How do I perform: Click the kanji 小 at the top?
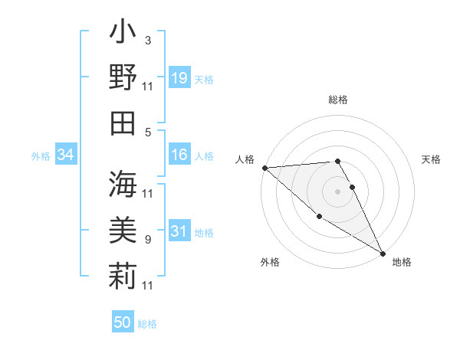[x=123, y=34]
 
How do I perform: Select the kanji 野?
[x=123, y=77]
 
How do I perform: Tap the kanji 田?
[x=123, y=123]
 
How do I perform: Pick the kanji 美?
[x=123, y=229]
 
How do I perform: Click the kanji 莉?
[x=123, y=274]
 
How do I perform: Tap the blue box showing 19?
[x=179, y=77]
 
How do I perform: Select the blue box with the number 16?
[x=179, y=155]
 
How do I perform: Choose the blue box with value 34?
[x=65, y=155]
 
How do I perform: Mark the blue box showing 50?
[x=123, y=322]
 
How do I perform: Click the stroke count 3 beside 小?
[x=147, y=40]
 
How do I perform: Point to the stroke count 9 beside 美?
[x=147, y=240]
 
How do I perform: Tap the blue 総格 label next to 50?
[x=147, y=324]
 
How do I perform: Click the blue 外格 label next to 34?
[x=41, y=156]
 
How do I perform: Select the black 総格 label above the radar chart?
[x=338, y=100]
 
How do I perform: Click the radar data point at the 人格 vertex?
[x=264, y=168]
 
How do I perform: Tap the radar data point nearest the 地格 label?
[x=383, y=252]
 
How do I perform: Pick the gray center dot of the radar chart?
[x=338, y=191]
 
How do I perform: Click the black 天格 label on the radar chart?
[x=431, y=159]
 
